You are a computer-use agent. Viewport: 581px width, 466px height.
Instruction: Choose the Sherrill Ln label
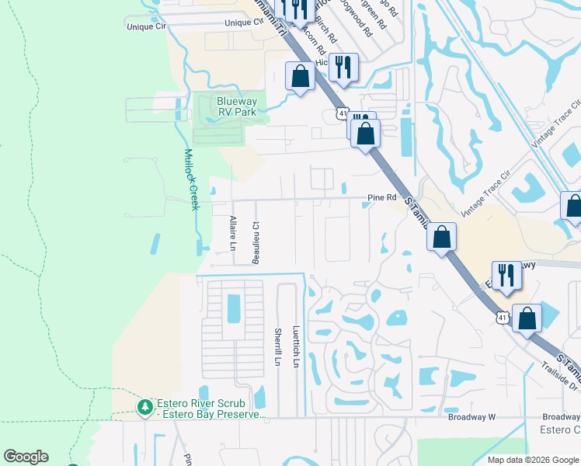tap(277, 346)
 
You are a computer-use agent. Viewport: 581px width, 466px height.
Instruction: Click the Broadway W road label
tap(471, 417)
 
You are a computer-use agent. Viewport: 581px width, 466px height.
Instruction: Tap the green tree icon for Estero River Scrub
tap(144, 407)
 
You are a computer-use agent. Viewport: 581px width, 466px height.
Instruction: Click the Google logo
tap(26, 457)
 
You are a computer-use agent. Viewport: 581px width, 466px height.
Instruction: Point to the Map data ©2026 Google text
tap(532, 460)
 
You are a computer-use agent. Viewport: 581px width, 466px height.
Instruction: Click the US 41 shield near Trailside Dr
tap(503, 317)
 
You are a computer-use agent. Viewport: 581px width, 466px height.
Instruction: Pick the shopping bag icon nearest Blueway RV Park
tap(300, 78)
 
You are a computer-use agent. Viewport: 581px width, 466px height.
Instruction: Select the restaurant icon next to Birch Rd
tap(343, 67)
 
